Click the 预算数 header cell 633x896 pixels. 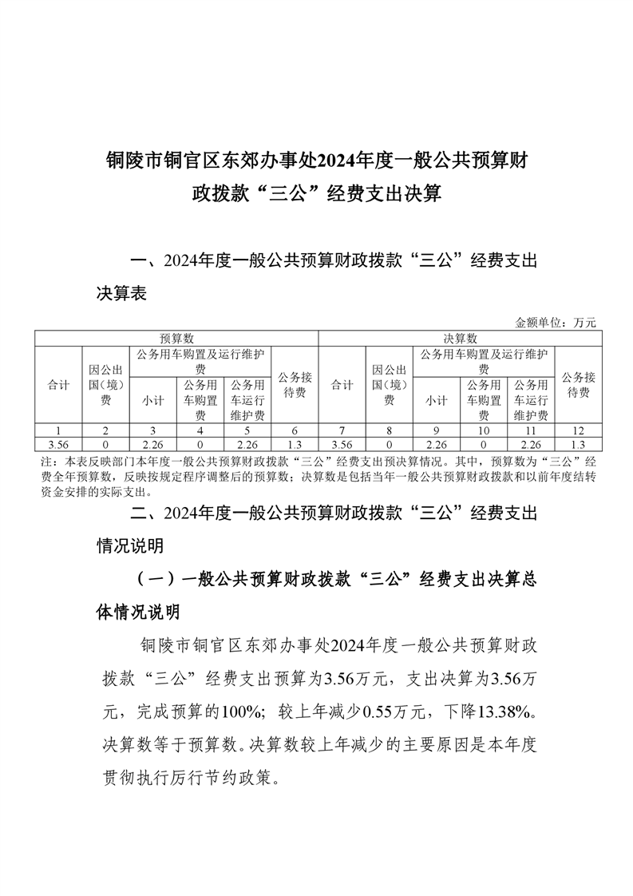point(176,339)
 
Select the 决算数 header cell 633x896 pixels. point(460,339)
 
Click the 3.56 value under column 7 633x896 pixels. point(342,444)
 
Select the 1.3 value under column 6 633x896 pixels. point(295,444)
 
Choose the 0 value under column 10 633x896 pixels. point(483,444)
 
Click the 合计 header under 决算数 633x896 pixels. point(342,385)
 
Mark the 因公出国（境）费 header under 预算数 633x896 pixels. point(105,385)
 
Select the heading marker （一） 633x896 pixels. point(156,581)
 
